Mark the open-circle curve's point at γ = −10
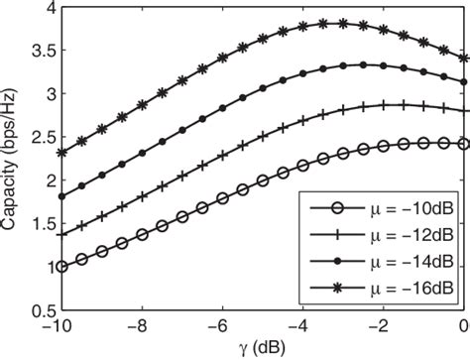61,267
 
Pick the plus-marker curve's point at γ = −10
61,235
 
